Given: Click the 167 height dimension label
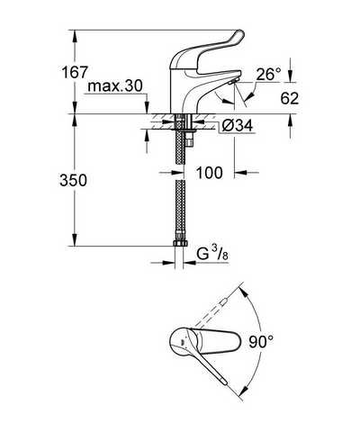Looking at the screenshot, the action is click(75, 72).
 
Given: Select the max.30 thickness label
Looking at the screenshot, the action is click(115, 86).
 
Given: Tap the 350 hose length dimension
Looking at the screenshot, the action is click(73, 181).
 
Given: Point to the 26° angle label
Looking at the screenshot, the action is click(268, 74).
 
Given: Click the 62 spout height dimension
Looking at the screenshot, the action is click(290, 98).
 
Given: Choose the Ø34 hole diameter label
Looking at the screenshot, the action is click(237, 126).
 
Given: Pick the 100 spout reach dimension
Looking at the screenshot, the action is click(210, 173).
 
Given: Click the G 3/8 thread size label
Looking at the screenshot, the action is click(212, 254).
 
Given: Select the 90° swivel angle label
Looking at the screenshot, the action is click(261, 342).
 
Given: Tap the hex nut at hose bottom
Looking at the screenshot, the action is click(181, 243).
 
